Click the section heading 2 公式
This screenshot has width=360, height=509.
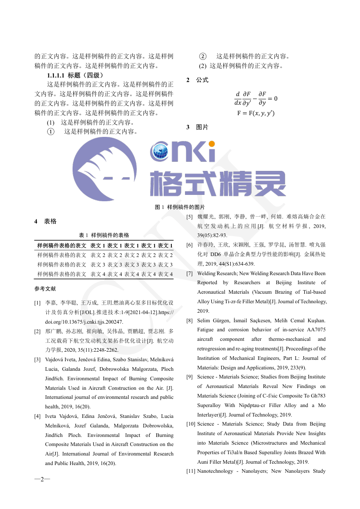[197, 80]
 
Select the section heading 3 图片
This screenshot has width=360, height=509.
[197, 127]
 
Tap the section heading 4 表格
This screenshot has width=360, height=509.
[45, 222]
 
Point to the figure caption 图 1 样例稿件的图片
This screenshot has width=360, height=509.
[180, 207]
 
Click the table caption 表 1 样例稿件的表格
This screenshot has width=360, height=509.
[104, 235]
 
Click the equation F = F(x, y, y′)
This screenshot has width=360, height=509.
[255, 113]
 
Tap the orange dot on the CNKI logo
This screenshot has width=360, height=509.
[212, 144]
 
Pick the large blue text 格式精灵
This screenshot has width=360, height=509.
[218, 184]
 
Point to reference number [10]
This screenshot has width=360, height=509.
[191, 424]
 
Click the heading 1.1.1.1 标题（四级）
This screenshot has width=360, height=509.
[75, 75]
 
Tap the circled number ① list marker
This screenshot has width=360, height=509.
[51, 132]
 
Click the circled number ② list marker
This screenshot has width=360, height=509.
[203, 57]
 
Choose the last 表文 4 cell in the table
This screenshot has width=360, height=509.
[165, 274]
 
